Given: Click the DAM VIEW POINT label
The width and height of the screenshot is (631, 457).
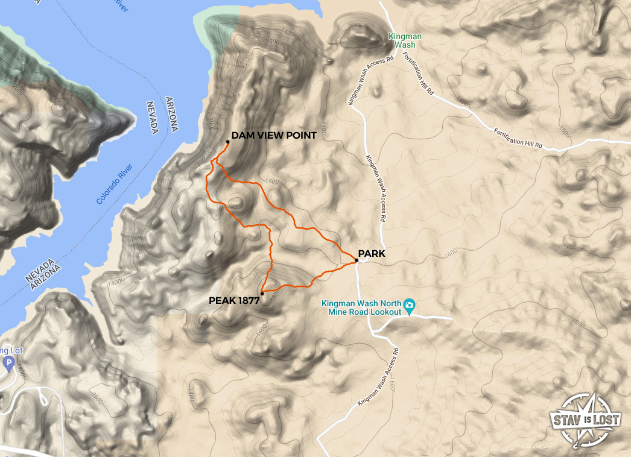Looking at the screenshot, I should click(274, 136).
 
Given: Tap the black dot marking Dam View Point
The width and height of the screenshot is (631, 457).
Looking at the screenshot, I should click(227, 142).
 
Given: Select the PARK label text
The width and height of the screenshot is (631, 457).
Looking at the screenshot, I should click(371, 254).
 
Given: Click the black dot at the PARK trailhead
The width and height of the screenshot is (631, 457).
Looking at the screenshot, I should click(357, 261).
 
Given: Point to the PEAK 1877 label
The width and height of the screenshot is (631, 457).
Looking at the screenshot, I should click(234, 300).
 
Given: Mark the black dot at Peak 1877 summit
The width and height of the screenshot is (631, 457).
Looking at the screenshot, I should click(262, 294).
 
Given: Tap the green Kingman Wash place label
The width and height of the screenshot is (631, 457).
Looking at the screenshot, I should click(405, 41).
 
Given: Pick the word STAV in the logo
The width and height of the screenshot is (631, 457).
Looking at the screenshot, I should click(566, 418).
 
